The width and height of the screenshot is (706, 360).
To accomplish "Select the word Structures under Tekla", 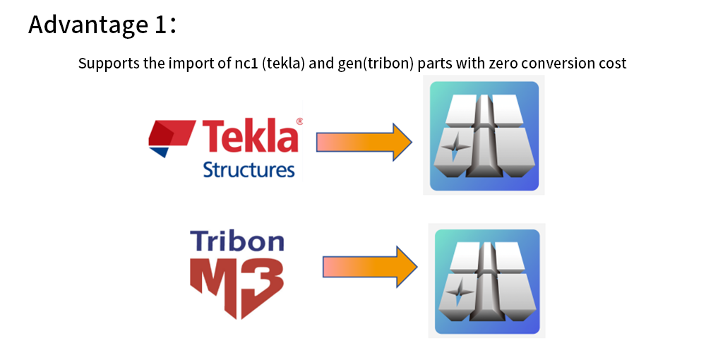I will click(249, 169).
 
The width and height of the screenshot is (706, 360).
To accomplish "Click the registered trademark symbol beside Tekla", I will click(299, 121).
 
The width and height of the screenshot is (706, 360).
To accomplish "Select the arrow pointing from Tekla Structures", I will click(364, 142).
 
